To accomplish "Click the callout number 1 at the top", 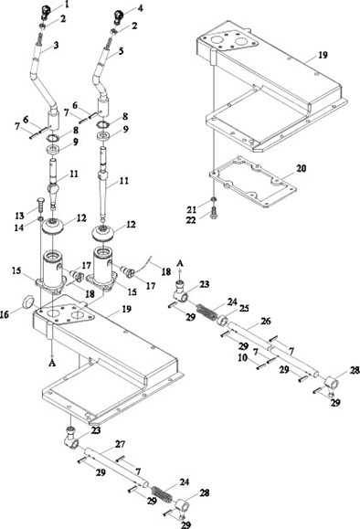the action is click(x=67, y=5).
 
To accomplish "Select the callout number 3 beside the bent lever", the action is click(x=56, y=45).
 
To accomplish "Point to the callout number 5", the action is click(x=121, y=51).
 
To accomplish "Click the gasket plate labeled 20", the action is click(x=252, y=182).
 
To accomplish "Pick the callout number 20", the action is click(x=302, y=168).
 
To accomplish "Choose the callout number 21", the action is click(x=192, y=210).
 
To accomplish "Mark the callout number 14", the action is click(x=19, y=227).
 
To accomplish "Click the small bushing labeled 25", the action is click(x=222, y=321).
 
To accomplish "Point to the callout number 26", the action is click(x=266, y=321).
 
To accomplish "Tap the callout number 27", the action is click(x=120, y=444).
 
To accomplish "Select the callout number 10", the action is click(x=242, y=357).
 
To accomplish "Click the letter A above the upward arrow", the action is click(x=181, y=262).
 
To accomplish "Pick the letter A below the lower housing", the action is click(x=51, y=363).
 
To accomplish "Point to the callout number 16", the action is click(x=5, y=315).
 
